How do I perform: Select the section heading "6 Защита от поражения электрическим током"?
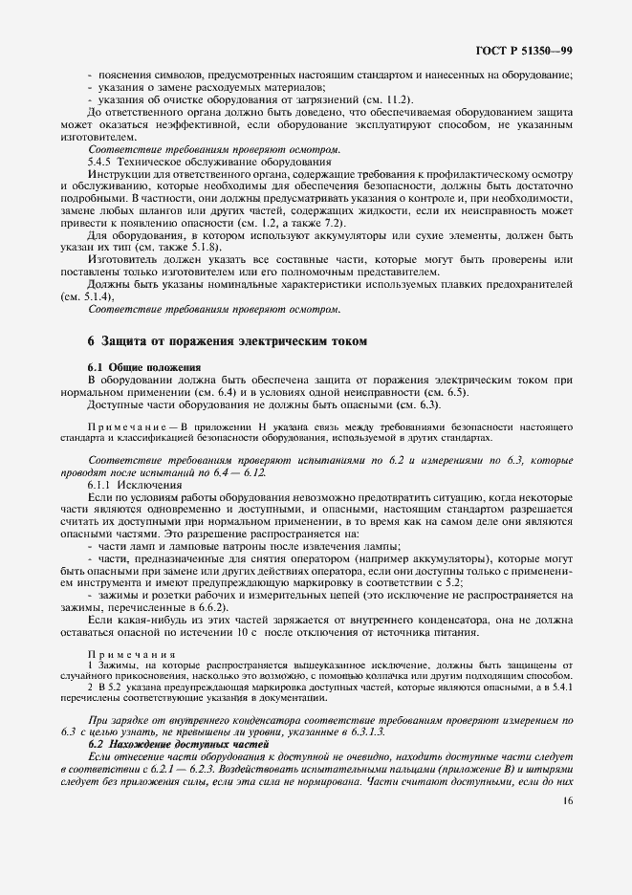227,341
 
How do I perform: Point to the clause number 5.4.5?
103,162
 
